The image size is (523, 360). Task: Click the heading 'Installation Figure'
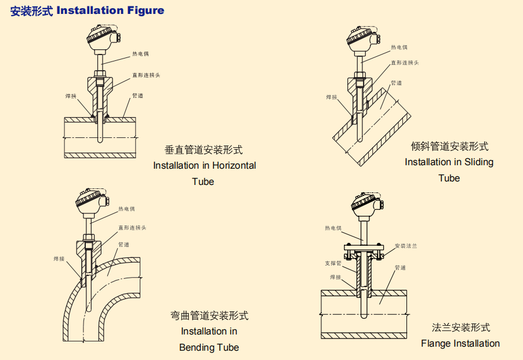tap(110, 10)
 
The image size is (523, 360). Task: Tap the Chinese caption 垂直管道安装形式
tap(204, 150)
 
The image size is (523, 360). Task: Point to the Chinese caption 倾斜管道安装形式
tap(449, 146)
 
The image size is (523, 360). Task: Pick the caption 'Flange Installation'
tap(460, 343)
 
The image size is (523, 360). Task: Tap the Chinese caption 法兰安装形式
tap(460, 328)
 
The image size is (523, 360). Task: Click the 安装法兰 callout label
tap(406, 246)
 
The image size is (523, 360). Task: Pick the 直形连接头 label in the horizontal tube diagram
tap(146, 75)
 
